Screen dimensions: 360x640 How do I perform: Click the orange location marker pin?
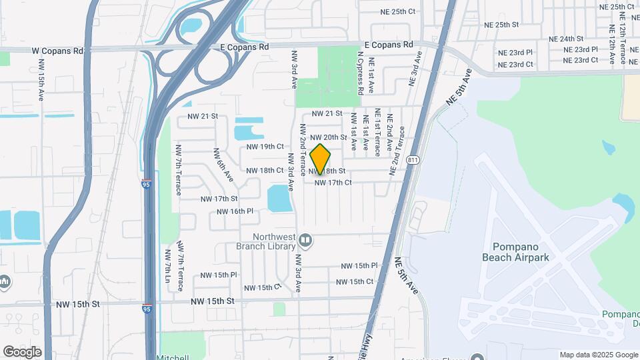tap(321, 159)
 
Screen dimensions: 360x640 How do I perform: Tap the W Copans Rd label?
tap(59, 51)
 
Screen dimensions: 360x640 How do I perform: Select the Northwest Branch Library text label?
tap(274, 241)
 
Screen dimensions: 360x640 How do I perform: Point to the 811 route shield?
tap(414, 161)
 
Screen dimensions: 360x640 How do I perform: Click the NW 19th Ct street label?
tap(265, 147)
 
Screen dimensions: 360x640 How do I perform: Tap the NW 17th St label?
tap(219, 199)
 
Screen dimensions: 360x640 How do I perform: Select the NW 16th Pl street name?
tap(235, 211)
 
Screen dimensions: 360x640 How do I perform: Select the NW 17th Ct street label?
tap(333, 182)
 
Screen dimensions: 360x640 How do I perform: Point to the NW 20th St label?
tap(329, 137)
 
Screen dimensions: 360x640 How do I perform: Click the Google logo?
tap(22, 352)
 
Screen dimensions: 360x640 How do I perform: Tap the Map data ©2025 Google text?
tap(598, 355)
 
